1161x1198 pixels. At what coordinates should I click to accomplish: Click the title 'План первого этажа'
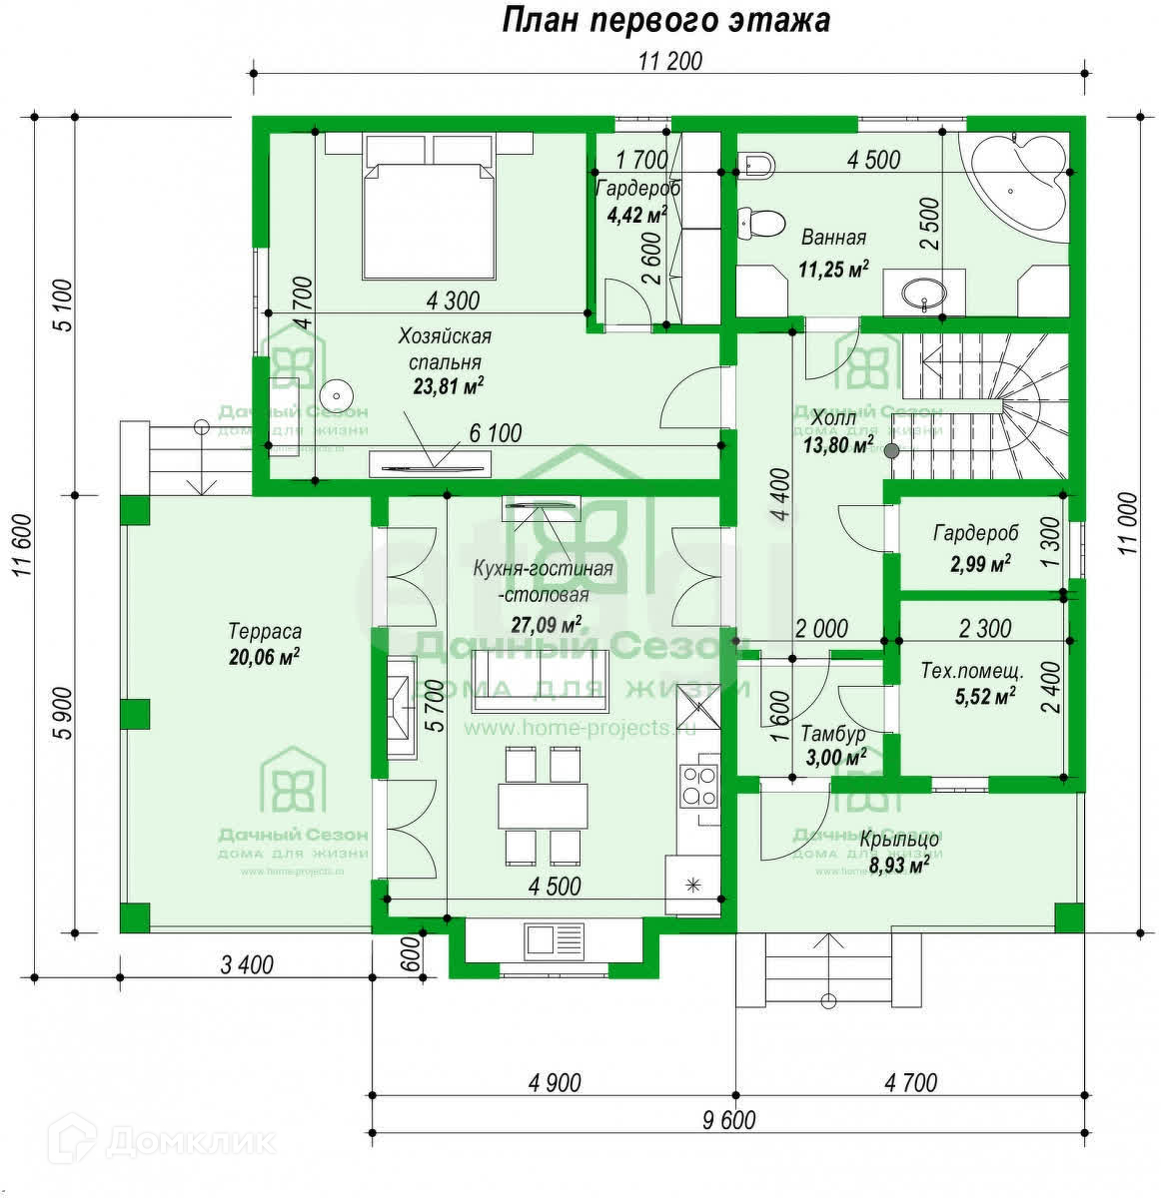tap(665, 20)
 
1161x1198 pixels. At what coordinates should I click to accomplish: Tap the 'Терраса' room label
tap(265, 632)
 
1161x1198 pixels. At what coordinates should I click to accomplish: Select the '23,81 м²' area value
tap(449, 386)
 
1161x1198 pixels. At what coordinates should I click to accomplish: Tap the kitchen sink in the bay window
tap(553, 940)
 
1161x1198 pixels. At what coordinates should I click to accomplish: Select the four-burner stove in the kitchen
tap(698, 786)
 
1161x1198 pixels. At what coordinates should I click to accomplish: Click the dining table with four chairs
tap(541, 806)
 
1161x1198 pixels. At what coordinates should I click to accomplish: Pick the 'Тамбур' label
tap(832, 734)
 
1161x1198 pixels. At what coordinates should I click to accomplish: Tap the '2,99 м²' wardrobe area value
tap(980, 564)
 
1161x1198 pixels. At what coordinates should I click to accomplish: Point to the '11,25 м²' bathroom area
tap(833, 267)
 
